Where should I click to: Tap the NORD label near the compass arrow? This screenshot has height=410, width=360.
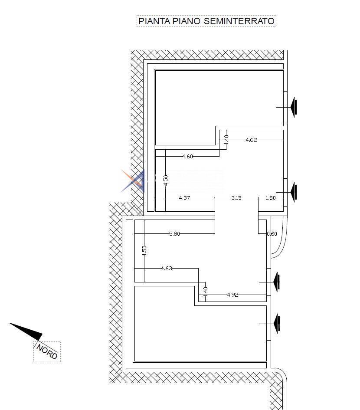click(47, 351)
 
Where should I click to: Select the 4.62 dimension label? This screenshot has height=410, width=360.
click(251, 140)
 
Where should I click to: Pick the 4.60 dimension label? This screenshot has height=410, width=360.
click(187, 157)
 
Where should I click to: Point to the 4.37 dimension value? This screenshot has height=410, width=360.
click(184, 198)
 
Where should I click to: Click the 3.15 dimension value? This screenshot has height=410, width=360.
click(236, 198)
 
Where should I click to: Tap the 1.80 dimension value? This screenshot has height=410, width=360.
click(270, 198)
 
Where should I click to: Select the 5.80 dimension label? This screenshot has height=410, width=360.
click(174, 233)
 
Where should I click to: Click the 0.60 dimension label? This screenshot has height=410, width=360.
click(272, 233)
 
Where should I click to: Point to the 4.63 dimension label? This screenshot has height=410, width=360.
click(166, 269)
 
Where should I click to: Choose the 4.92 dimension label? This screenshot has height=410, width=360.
click(232, 295)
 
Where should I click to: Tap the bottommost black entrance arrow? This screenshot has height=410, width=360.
click(277, 324)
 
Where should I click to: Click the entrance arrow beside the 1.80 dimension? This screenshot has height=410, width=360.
click(294, 192)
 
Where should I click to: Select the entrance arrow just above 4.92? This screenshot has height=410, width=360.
click(277, 282)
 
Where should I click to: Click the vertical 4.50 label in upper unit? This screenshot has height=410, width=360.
click(165, 180)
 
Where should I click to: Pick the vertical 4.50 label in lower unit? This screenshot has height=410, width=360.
click(144, 250)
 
